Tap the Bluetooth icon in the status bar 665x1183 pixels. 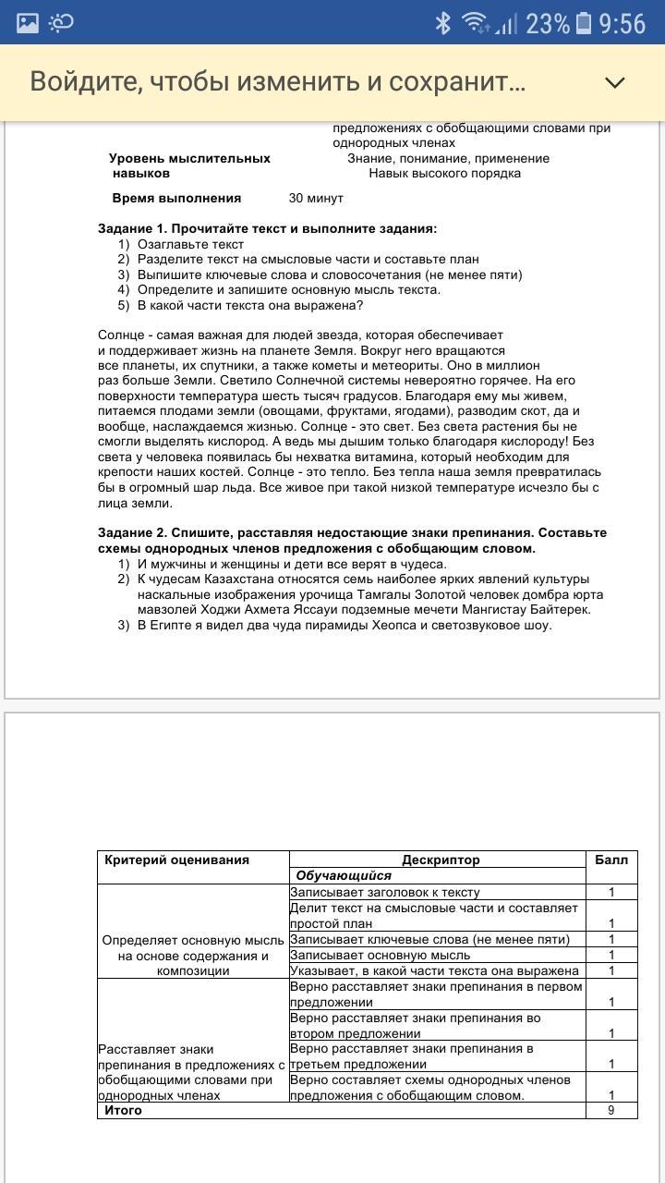[442, 23]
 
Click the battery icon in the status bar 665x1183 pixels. [583, 23]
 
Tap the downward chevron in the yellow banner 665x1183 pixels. [614, 82]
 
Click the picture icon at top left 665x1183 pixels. [28, 23]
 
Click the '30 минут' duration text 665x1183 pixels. [316, 198]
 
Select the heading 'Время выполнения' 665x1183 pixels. [176, 198]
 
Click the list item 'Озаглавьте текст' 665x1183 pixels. [190, 244]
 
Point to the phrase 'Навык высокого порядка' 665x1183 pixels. [444, 173]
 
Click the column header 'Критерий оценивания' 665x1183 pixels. [176, 860]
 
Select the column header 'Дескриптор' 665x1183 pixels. [441, 860]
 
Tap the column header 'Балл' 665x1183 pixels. [611, 860]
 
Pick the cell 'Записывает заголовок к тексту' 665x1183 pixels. [384, 892]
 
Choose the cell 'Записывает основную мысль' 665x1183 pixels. [380, 955]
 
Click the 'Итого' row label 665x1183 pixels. [123, 1110]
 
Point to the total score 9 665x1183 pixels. [611, 1110]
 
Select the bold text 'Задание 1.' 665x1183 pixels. [133, 228]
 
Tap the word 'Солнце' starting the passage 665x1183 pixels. [120, 335]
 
